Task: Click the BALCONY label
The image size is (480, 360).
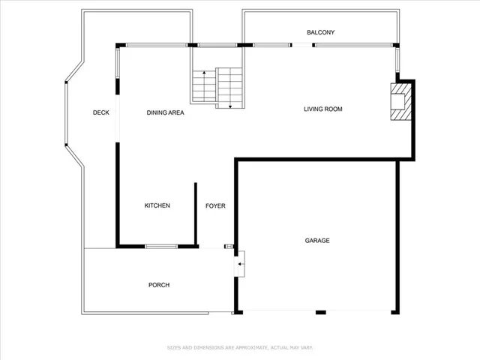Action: coord(320,32)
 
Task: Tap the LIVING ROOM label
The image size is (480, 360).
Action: coord(322,109)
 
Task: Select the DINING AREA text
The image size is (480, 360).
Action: coord(165,112)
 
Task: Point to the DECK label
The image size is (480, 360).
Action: coord(101,112)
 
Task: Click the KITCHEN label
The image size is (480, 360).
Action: coord(157,205)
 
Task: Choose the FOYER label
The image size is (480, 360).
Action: coord(215,205)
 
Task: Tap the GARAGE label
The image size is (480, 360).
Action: coord(317,240)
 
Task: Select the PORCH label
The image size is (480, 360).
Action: coord(159,285)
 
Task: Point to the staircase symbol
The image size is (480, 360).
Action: coord(217,87)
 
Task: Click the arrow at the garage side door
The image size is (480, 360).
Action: coord(239,264)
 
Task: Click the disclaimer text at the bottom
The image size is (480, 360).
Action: coord(240,347)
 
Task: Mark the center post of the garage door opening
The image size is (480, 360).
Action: coord(320,311)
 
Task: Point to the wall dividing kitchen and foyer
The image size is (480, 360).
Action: coord(195,214)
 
